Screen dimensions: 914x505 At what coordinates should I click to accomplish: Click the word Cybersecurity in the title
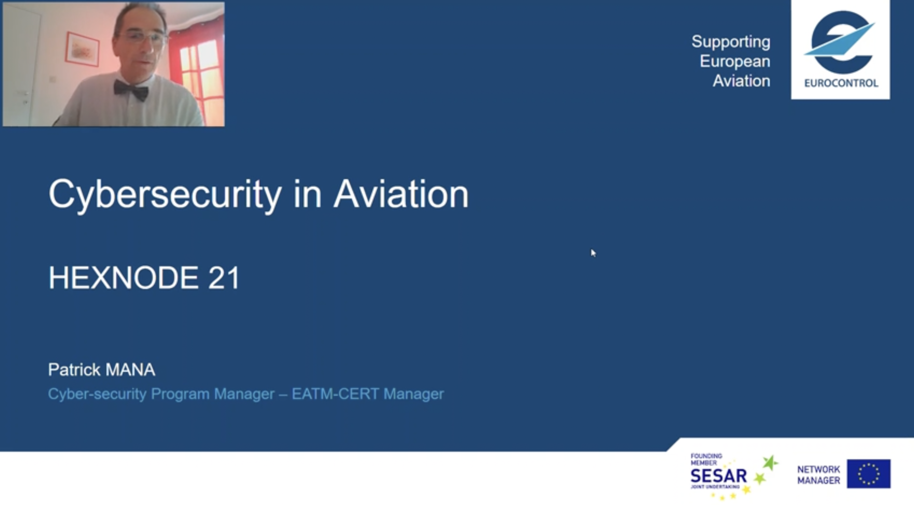point(165,195)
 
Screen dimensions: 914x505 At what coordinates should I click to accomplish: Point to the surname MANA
point(130,370)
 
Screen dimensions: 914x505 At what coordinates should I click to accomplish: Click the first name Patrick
point(74,370)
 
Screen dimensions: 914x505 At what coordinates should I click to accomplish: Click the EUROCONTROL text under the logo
point(841,83)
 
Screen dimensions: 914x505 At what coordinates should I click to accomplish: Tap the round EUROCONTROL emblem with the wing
point(841,42)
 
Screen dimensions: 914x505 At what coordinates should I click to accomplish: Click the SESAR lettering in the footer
point(719,476)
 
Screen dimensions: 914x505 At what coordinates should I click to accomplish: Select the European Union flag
point(869,474)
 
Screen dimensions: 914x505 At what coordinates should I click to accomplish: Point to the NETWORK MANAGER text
point(819,475)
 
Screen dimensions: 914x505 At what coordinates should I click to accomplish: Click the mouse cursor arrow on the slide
point(593,253)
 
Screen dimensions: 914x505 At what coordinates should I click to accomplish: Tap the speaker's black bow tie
point(131,90)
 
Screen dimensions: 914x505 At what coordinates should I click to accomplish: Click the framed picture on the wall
point(82,49)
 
